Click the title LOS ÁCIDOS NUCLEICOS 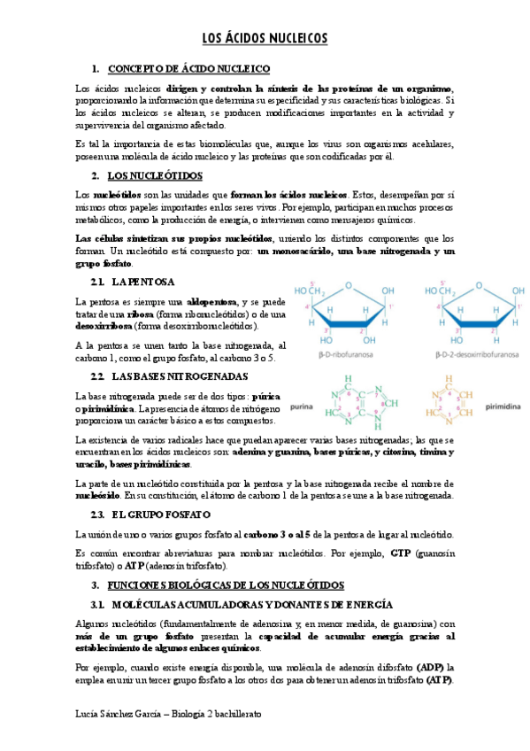click(265, 38)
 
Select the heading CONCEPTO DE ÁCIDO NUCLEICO click(188, 69)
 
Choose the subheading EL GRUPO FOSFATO click(160, 515)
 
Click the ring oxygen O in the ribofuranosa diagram click(349, 284)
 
